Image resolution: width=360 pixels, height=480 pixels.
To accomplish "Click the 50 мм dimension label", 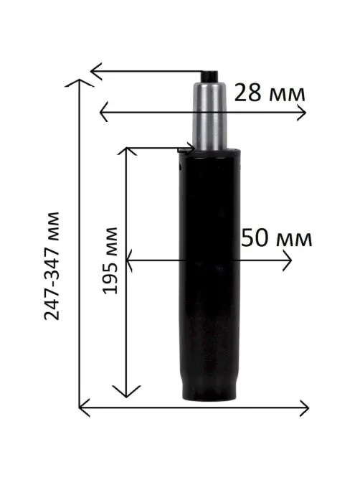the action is [x=277, y=238].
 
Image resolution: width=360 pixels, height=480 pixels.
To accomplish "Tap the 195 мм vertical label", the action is [x=110, y=260].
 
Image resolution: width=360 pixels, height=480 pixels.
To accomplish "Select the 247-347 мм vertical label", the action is [x=52, y=265].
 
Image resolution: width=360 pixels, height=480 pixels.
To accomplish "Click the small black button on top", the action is [x=210, y=76].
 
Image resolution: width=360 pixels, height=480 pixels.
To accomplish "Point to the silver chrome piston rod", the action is [x=209, y=116].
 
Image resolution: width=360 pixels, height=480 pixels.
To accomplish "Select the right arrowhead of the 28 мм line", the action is [x=302, y=113].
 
